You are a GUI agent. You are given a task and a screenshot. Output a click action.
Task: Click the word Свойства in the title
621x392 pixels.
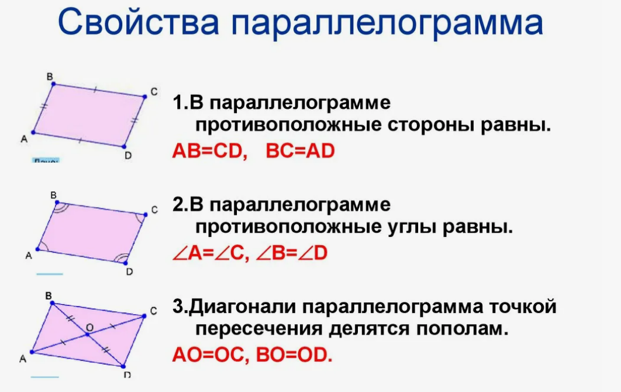coord(139,23)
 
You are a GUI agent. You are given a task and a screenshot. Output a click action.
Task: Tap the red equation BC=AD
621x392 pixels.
coord(300,151)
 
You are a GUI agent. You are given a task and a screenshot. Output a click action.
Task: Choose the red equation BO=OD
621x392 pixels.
coord(294,355)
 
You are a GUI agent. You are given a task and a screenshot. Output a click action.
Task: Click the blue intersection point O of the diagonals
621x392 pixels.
coord(88,334)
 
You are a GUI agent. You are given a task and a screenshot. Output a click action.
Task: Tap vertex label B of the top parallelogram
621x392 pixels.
coord(50,76)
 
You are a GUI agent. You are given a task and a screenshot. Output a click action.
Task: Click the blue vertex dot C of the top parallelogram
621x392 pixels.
coord(144,96)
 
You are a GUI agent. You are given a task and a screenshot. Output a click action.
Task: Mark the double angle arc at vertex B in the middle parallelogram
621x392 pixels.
coord(59,206)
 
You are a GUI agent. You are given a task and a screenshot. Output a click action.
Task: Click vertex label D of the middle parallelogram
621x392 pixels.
coord(129,271)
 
